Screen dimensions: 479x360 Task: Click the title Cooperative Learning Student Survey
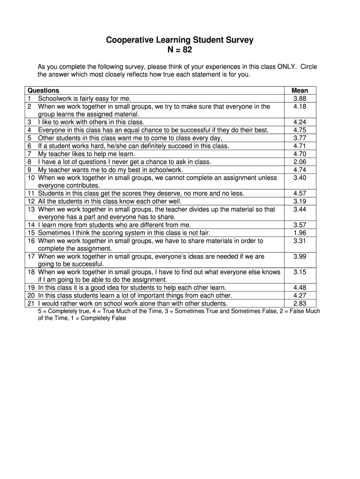coord(180,40)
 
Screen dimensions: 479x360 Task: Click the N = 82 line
coord(180,50)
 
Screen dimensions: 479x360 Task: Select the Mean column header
coord(300,91)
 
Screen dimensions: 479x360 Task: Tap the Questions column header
coord(43,91)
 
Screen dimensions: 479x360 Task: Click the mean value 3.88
coord(300,99)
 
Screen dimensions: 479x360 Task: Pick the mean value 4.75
coord(300,130)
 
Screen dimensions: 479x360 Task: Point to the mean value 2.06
coord(300,162)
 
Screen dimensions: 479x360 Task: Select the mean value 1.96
coord(300,233)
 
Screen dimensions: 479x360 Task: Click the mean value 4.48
coord(300,288)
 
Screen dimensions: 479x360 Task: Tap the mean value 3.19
coord(300,201)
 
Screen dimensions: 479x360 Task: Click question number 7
coord(29,154)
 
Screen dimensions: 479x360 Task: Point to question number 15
coord(31,233)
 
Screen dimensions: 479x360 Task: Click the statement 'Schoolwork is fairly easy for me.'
coord(85,99)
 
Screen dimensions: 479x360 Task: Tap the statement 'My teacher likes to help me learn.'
coord(86,154)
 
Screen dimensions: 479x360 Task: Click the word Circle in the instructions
coord(309,67)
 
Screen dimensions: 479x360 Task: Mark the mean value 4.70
coord(300,154)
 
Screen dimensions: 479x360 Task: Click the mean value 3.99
coord(300,256)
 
